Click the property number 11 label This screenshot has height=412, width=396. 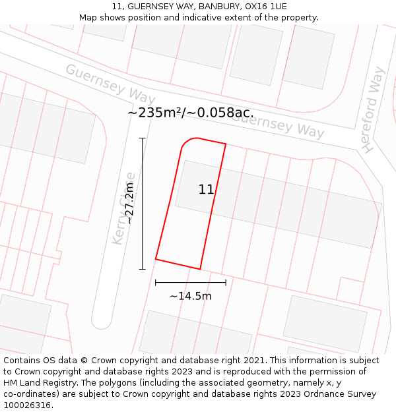206,190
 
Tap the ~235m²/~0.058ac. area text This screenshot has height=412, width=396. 190,113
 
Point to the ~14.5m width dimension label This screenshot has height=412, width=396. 191,296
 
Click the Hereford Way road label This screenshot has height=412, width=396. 374,110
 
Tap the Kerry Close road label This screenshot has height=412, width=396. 123,208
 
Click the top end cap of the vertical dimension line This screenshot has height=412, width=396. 142,138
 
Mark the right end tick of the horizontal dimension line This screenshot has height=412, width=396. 226,282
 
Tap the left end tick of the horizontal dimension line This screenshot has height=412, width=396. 156,282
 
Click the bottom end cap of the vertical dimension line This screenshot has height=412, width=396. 142,269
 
